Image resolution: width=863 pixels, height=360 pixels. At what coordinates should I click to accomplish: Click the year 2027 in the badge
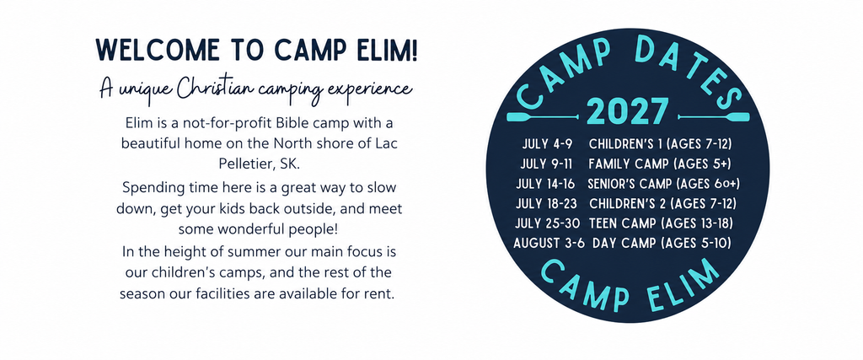627,112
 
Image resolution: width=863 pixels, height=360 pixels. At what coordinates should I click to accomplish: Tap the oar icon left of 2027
543,117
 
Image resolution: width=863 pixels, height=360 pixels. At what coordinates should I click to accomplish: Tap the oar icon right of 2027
713,116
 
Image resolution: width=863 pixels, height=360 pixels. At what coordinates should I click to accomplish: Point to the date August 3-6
549,243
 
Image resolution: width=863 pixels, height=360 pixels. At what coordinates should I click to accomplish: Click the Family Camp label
621,164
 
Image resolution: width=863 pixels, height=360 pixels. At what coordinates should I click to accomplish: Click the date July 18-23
546,204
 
